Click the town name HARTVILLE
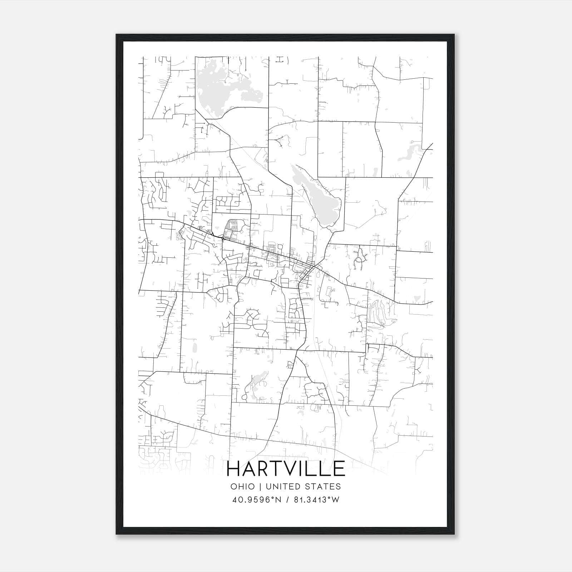pos(286,469)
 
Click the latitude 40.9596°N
pos(257,500)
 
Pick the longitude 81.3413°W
pos(316,500)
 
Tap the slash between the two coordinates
pos(287,500)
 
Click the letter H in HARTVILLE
pos(234,469)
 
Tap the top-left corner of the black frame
pos(117,35)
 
